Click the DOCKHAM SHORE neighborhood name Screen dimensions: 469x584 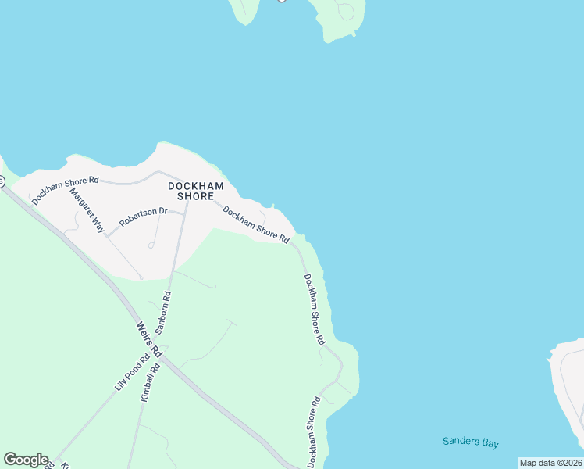(196, 191)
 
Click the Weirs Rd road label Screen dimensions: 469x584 (148, 339)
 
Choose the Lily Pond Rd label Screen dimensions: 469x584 (131, 374)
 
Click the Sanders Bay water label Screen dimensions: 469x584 (470, 442)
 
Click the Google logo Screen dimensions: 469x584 (26, 459)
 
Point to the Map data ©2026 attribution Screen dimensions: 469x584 (550, 463)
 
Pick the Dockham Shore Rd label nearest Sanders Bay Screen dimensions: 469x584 (314, 432)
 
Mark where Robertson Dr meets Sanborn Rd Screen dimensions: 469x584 (185, 212)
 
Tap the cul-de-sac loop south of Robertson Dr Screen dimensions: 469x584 (151, 245)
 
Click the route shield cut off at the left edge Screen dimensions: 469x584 (2, 181)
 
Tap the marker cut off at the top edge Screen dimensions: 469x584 (282, 1)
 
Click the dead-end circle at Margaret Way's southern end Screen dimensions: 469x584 (141, 277)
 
